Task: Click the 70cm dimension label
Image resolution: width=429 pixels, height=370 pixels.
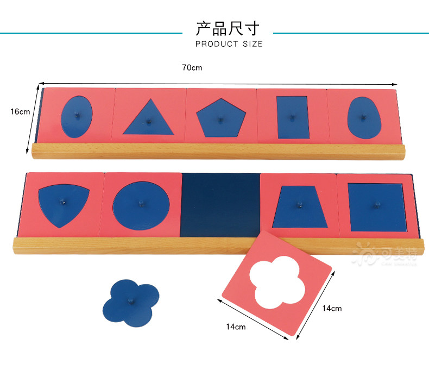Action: tap(192, 68)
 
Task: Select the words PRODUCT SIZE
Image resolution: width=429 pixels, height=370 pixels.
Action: tap(229, 44)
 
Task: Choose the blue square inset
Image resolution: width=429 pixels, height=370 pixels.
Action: tap(375, 205)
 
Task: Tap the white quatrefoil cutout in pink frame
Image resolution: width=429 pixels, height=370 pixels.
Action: tap(277, 281)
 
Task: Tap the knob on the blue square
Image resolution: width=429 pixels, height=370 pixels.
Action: tap(375, 204)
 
